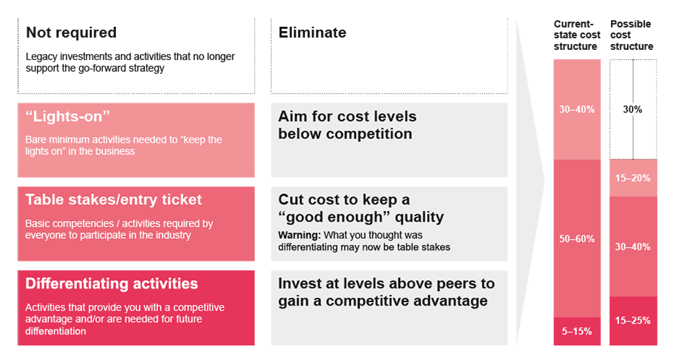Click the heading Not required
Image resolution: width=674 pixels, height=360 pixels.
click(71, 33)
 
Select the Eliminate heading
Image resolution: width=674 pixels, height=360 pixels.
click(312, 33)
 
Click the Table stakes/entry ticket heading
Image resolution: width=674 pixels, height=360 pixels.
click(114, 200)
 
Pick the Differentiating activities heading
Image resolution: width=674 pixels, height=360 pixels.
click(112, 283)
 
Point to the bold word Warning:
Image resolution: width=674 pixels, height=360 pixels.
click(299, 235)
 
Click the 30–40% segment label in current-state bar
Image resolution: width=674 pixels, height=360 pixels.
click(577, 109)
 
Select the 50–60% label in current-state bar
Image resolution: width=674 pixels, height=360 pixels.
click(577, 239)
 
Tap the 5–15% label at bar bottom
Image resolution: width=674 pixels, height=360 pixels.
click(577, 331)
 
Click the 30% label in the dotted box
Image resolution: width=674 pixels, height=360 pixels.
click(633, 109)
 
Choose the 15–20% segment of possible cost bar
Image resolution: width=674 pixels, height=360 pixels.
click(633, 178)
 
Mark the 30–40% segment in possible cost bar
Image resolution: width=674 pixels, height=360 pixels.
click(633, 246)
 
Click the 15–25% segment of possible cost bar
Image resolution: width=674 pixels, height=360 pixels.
click(633, 320)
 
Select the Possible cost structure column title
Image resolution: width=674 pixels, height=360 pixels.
click(631, 35)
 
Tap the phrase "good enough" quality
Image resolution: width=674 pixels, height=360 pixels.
click(361, 217)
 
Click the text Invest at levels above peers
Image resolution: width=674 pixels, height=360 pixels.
click(386, 283)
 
